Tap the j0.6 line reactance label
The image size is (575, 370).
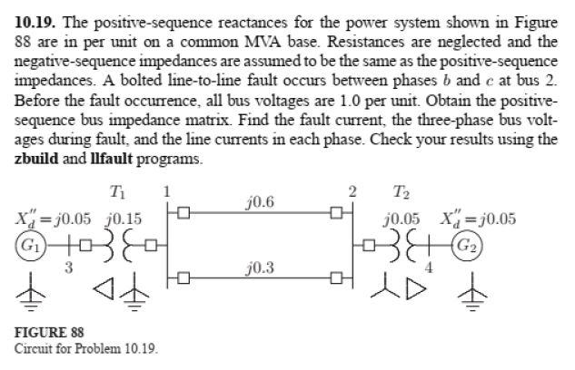[260, 201]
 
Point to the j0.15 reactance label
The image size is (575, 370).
[123, 219]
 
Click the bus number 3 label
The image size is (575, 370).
[69, 267]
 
